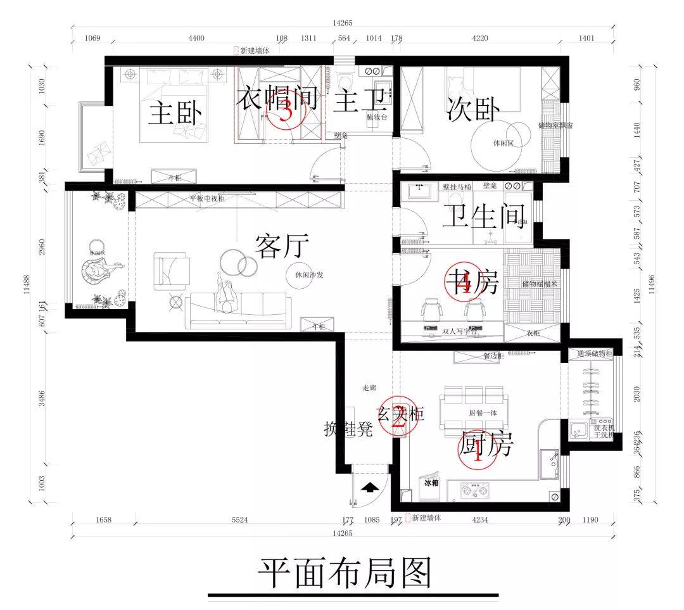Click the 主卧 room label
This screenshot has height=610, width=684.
tap(175, 115)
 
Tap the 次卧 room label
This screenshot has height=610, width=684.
tap(474, 109)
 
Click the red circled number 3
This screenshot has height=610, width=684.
tap(286, 113)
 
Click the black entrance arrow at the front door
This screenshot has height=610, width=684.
tap(369, 488)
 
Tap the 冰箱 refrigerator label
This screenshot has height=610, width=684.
tap(431, 483)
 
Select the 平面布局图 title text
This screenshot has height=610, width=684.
tap(345, 573)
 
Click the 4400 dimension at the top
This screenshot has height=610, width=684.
tap(196, 39)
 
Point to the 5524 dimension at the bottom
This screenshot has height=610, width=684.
tap(239, 520)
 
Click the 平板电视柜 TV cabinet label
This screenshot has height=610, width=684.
tap(207, 199)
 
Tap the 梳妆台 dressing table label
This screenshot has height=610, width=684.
tap(378, 117)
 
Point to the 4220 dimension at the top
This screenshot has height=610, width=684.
tap(480, 39)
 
